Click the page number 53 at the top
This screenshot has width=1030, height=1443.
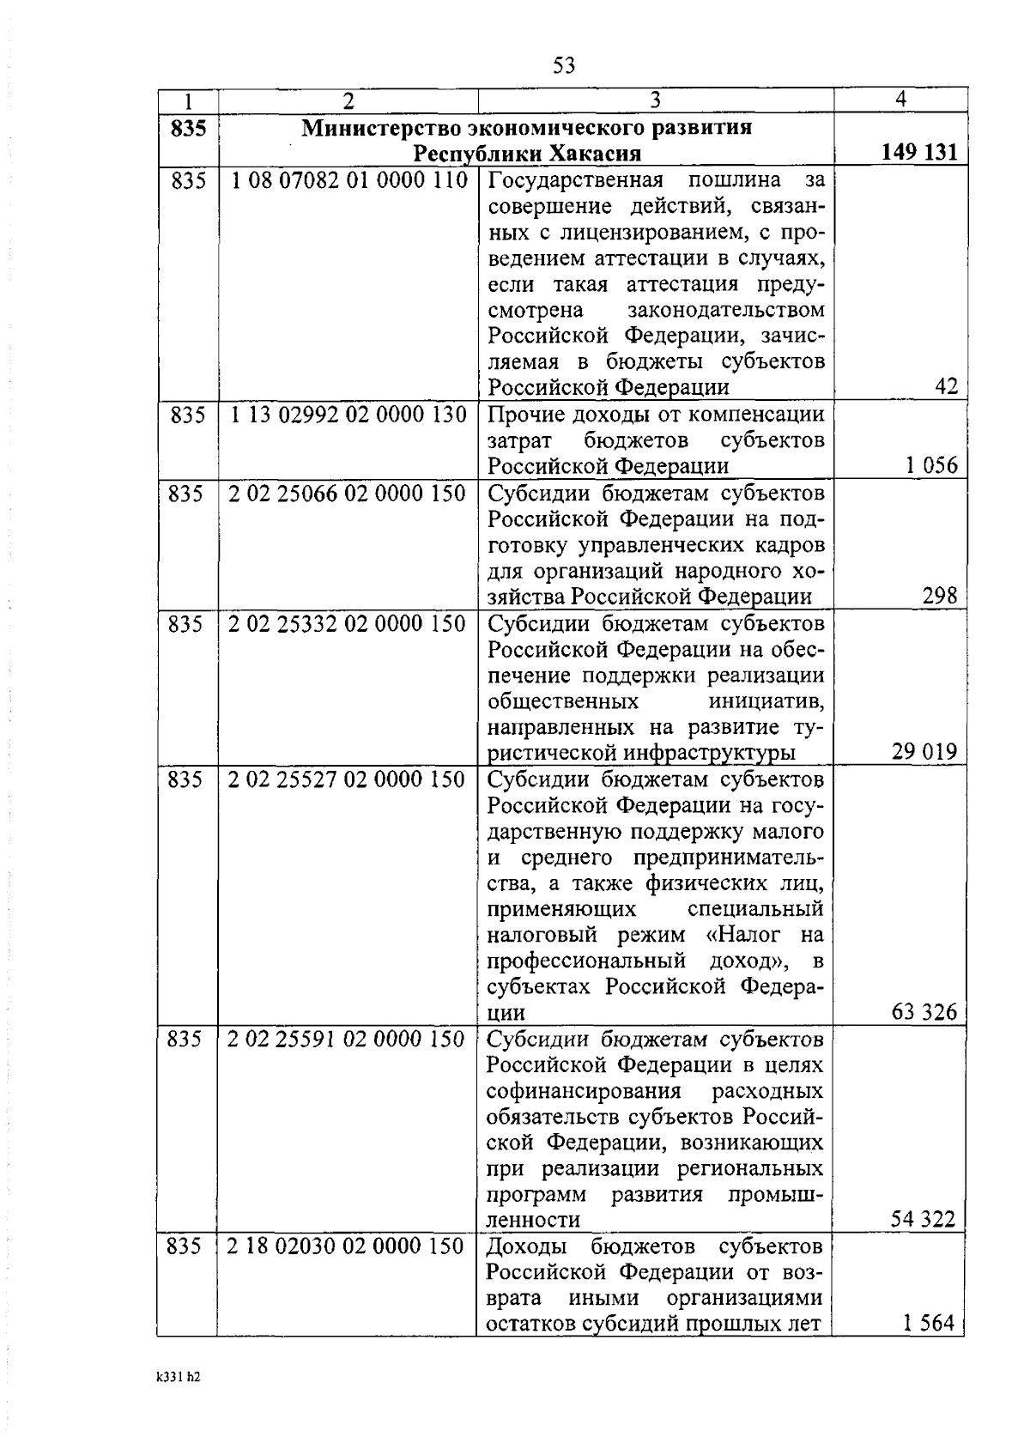click(x=564, y=65)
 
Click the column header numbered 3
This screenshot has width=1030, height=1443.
click(x=655, y=100)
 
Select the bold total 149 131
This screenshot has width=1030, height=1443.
click(x=918, y=153)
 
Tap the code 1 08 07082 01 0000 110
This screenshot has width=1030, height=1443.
click(x=348, y=180)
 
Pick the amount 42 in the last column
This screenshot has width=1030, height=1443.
click(x=946, y=386)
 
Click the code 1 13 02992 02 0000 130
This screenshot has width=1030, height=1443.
click(x=348, y=415)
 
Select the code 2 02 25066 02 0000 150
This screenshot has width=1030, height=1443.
click(x=347, y=494)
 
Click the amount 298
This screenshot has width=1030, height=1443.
click(x=939, y=596)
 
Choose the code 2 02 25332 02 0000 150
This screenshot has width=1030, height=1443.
click(x=347, y=623)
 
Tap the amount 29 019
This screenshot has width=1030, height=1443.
click(x=924, y=752)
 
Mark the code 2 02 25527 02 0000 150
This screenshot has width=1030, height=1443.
click(x=347, y=779)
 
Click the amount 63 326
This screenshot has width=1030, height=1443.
click(x=924, y=1012)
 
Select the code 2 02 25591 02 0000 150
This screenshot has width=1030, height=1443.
click(x=346, y=1039)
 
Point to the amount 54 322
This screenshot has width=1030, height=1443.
click(x=923, y=1219)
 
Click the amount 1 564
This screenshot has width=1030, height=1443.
click(x=929, y=1323)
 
